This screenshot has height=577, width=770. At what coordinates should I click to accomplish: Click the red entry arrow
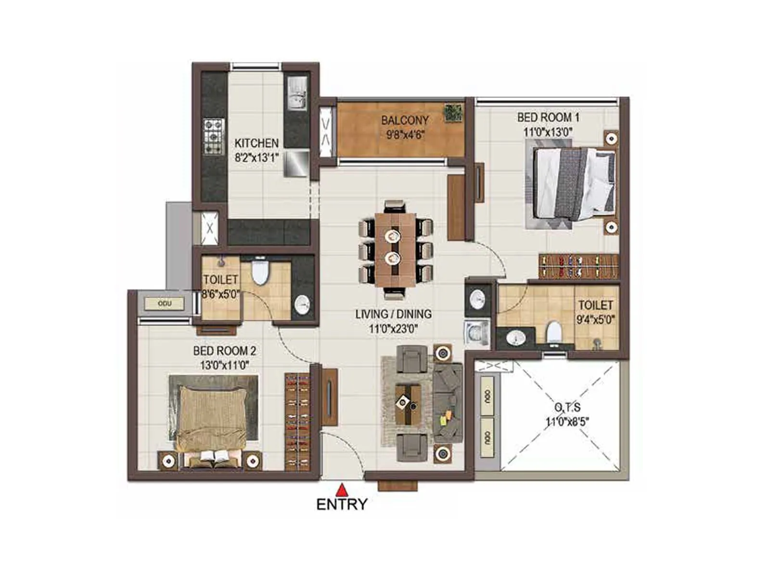coord(342,489)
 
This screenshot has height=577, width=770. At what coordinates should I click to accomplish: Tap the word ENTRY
coord(342,504)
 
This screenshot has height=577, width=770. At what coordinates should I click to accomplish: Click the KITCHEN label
coord(257,143)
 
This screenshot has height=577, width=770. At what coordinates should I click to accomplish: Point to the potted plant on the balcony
coord(453,113)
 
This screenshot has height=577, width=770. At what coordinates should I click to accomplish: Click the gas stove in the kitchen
coord(213,137)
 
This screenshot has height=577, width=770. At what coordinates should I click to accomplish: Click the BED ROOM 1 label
coord(548,117)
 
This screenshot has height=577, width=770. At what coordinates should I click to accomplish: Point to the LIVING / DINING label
coord(393,314)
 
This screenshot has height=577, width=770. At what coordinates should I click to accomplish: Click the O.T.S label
coord(567,408)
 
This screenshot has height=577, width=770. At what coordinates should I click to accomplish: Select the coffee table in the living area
coord(408,403)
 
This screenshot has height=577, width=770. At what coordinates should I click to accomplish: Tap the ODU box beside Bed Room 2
coord(164,303)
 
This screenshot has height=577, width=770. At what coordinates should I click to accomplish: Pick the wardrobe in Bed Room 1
coord(578,266)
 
